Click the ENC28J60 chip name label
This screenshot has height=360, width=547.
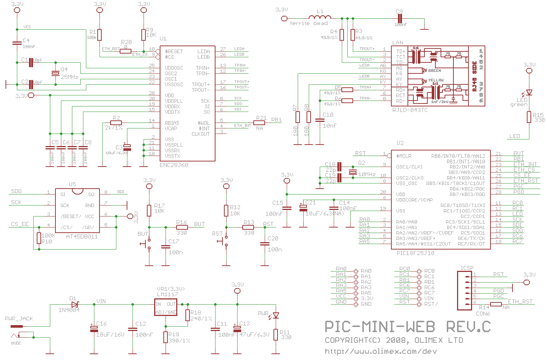tap(174, 165)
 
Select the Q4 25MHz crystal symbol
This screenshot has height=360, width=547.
tap(55, 73)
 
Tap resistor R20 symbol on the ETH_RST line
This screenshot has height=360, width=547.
tap(126, 51)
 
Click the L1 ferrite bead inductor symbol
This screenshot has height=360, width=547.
tap(319, 17)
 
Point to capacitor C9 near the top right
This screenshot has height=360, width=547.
tap(400, 18)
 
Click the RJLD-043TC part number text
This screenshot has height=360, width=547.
tap(410, 110)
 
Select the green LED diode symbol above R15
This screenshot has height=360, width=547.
tap(529, 92)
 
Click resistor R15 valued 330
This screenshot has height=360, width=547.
tap(529, 117)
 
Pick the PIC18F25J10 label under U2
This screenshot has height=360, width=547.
tap(415, 253)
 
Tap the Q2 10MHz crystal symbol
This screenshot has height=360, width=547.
tap(353, 172)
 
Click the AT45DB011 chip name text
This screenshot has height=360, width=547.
tap(81, 237)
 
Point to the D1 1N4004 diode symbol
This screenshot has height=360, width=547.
tap(75, 304)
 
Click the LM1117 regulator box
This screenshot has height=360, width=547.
tap(166, 307)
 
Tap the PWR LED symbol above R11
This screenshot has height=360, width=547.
tap(276, 315)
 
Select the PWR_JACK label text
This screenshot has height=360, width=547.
tap(19, 319)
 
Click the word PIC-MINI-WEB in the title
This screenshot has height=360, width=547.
tap(380, 327)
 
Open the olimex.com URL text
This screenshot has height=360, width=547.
tap(381, 352)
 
